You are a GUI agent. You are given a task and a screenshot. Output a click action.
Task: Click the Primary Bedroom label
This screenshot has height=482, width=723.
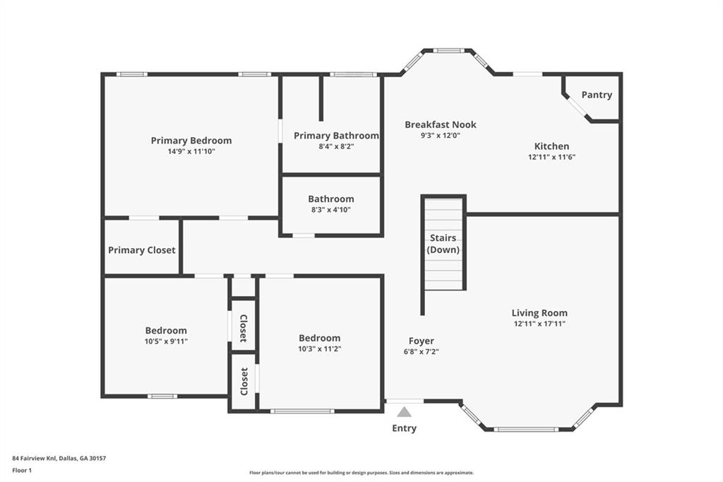(x=191, y=141)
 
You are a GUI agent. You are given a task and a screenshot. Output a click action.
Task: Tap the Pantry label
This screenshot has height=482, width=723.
(x=597, y=95)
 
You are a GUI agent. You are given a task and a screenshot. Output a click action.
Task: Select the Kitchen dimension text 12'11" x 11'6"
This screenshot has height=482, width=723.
(x=551, y=157)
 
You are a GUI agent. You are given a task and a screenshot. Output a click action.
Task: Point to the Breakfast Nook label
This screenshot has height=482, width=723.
(x=441, y=124)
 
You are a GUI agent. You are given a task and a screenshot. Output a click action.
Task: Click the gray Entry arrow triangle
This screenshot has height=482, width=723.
(x=404, y=412)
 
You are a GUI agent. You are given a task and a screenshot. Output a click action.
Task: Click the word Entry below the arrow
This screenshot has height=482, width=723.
(x=404, y=428)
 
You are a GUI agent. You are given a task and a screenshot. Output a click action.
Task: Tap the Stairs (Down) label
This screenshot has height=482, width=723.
(x=443, y=244)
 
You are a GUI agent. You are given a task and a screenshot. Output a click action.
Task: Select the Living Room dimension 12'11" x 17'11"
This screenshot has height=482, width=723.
(x=539, y=324)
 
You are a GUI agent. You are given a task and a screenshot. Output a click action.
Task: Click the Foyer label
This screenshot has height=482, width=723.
(x=421, y=341)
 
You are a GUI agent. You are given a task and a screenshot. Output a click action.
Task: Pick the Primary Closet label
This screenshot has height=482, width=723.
(x=141, y=250)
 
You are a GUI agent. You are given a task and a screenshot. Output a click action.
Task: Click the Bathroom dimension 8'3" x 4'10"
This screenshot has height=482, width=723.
(x=331, y=210)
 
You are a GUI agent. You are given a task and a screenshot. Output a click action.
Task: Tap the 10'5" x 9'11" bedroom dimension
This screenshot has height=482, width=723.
(x=166, y=341)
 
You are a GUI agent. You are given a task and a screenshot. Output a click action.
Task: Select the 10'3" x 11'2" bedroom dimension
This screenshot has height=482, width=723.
(x=320, y=349)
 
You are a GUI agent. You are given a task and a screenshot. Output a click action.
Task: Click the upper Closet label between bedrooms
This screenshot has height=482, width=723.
(x=244, y=328)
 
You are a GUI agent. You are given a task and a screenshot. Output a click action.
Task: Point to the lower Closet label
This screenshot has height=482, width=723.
(x=244, y=382)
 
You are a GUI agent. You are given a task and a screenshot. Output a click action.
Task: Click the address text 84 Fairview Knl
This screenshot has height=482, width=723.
(x=34, y=459)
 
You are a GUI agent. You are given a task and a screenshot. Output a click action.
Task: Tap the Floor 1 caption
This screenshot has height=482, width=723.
(x=22, y=471)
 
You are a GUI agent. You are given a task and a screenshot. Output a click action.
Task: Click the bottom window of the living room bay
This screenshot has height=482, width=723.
(x=526, y=430)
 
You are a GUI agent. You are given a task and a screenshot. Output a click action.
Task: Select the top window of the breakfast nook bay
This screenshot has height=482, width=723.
(x=447, y=50)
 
